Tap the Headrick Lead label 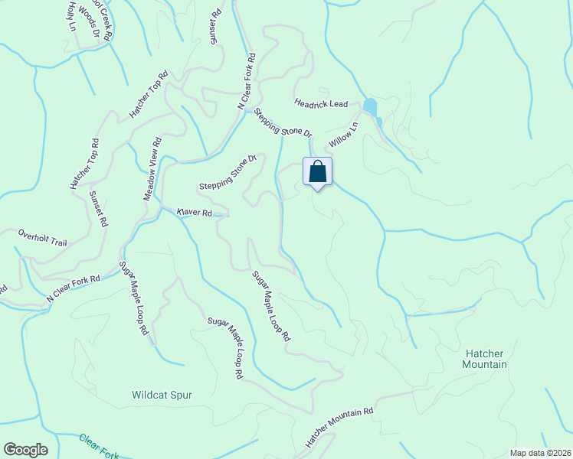pyautogui.click(x=321, y=103)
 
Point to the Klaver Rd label pyautogui.click(x=194, y=212)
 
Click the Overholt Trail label pyautogui.click(x=43, y=237)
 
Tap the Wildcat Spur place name pyautogui.click(x=162, y=396)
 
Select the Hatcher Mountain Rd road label pyautogui.click(x=339, y=427)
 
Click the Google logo pyautogui.click(x=25, y=450)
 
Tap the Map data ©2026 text pyautogui.click(x=540, y=453)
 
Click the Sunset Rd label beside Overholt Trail pyautogui.click(x=97, y=210)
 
